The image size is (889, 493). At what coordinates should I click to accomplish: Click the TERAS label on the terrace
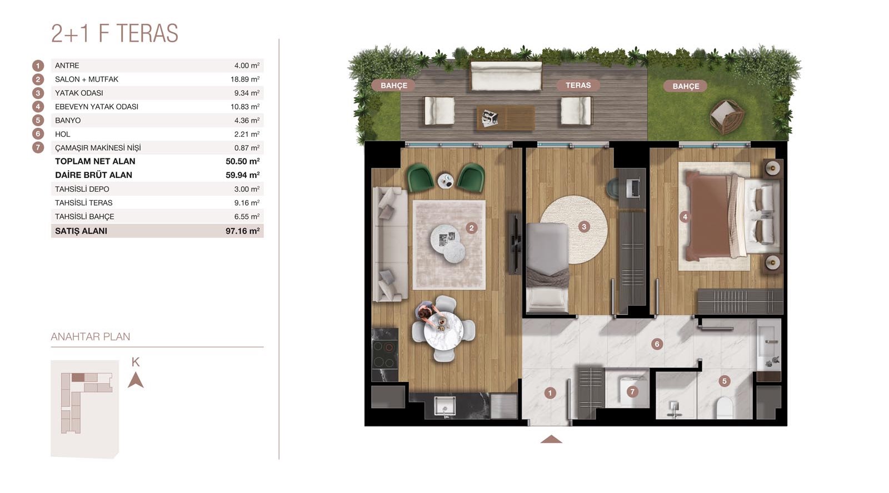578,85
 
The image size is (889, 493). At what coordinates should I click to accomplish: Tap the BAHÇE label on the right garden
686,86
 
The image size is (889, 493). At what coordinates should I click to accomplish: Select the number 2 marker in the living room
472,228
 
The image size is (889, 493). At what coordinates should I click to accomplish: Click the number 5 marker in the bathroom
725,381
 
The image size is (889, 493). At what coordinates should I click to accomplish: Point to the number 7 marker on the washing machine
632,392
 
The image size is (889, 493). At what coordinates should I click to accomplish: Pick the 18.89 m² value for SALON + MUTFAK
245,79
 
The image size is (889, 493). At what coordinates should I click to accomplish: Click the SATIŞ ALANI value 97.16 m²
242,231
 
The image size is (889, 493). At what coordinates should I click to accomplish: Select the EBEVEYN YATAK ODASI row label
97,106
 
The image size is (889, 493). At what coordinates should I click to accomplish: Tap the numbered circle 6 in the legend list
38,134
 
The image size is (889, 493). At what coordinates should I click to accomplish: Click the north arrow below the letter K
136,380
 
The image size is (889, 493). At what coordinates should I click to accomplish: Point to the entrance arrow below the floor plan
551,439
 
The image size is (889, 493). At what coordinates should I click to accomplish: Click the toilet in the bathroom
725,408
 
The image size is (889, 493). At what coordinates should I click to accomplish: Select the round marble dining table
443,331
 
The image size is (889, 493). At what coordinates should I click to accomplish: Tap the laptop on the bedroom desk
633,188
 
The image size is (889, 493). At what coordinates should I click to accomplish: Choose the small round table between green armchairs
446,181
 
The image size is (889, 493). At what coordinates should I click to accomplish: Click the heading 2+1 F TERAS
114,33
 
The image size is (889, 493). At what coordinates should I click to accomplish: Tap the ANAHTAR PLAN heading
91,337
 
